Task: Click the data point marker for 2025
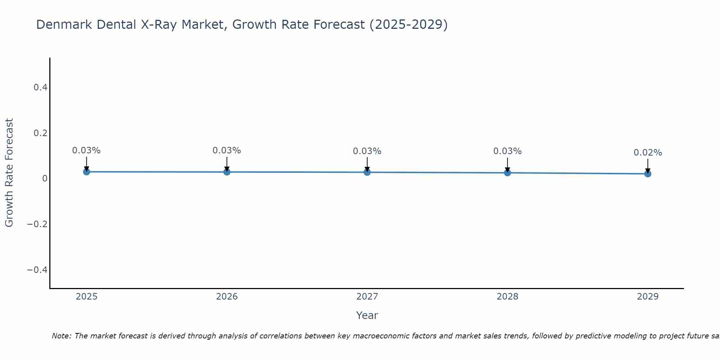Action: [x=86, y=172]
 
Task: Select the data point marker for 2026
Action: [x=227, y=172]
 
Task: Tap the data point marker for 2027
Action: [x=367, y=172]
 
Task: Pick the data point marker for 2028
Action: [x=507, y=173]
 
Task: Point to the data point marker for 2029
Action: [x=648, y=174]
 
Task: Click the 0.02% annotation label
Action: [x=648, y=153]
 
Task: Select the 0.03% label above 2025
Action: [x=86, y=150]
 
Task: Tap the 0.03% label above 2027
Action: [x=367, y=151]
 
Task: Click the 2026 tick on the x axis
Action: [x=227, y=297]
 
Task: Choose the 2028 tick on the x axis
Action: [x=507, y=297]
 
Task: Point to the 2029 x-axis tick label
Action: [x=648, y=297]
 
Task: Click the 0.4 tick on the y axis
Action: [x=40, y=87]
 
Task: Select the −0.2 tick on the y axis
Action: [x=37, y=224]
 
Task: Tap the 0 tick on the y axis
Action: [x=45, y=179]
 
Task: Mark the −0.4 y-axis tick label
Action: [x=37, y=270]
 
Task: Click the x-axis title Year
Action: [x=367, y=316]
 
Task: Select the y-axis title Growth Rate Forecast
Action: [x=9, y=173]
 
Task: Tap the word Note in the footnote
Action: [x=61, y=336]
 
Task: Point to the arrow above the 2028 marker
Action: [x=507, y=165]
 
